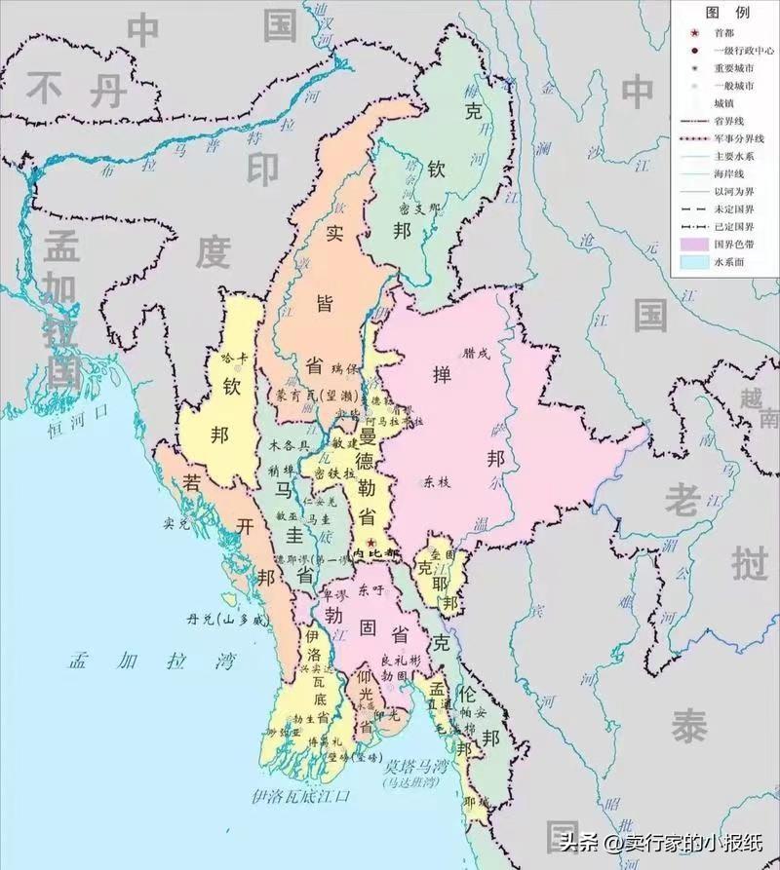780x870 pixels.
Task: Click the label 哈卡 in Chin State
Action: click(236, 358)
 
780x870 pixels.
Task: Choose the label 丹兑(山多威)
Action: click(227, 619)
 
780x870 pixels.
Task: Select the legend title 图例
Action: click(727, 13)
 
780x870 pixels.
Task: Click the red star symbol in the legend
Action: click(693, 32)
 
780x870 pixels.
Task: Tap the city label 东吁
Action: click(369, 590)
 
